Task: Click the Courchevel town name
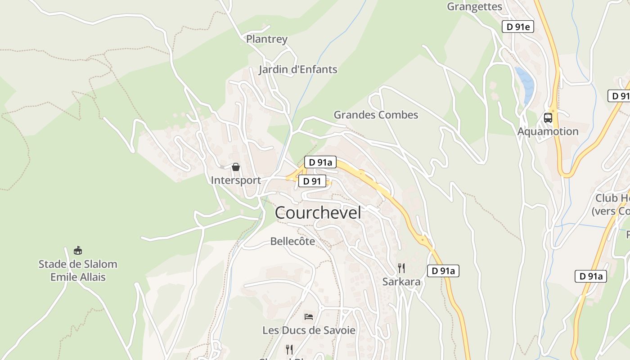(x=318, y=213)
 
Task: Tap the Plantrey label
(x=266, y=39)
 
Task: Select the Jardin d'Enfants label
(x=298, y=70)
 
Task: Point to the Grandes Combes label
(x=376, y=115)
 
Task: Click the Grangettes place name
(x=474, y=6)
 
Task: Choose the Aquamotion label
(x=548, y=131)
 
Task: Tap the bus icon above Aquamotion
(x=548, y=118)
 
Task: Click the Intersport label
(x=236, y=180)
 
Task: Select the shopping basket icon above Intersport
(x=236, y=167)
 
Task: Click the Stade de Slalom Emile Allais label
(x=78, y=270)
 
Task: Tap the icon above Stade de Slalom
(x=78, y=250)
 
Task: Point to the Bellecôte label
(x=292, y=242)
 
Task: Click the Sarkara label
(x=401, y=282)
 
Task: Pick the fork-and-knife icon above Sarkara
(x=401, y=269)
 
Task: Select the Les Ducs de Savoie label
(x=309, y=330)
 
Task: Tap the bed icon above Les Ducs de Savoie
(x=309, y=317)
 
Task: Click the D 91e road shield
(x=517, y=27)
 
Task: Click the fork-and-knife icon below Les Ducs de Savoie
(x=289, y=349)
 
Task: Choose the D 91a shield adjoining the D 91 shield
(x=320, y=162)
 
